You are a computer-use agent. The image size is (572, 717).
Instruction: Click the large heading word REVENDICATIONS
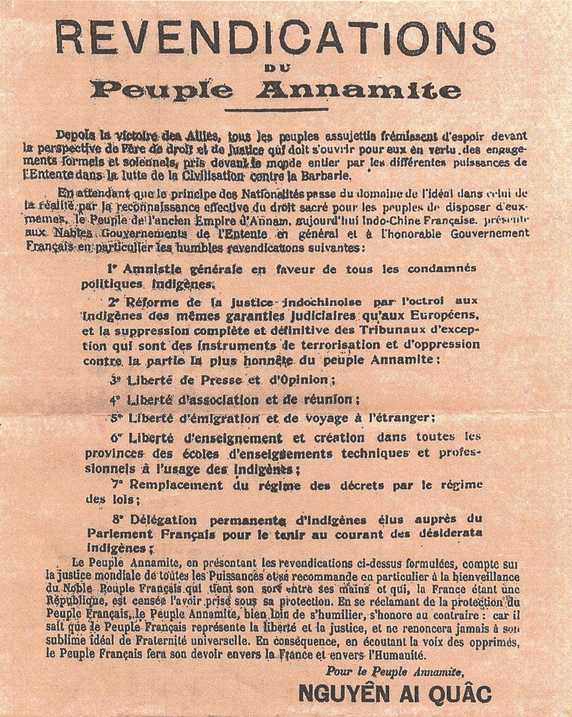285,40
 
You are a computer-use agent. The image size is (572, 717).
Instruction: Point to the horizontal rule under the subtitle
285,110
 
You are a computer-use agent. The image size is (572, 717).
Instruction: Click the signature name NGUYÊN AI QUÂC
394,694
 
